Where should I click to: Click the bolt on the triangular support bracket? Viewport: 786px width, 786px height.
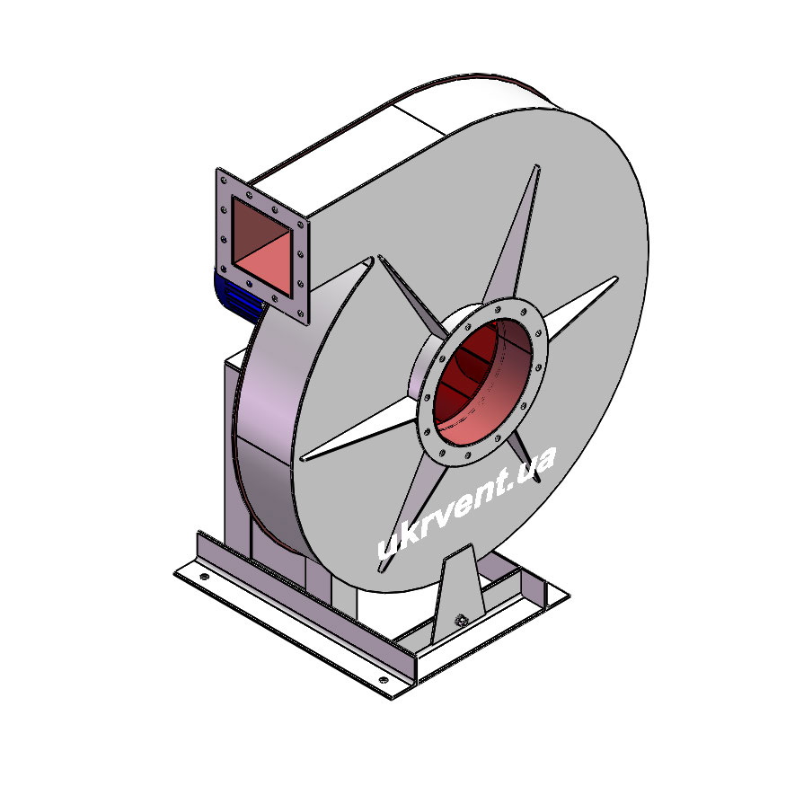(x=460, y=621)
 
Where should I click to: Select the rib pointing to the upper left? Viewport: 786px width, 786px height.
(x=412, y=296)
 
